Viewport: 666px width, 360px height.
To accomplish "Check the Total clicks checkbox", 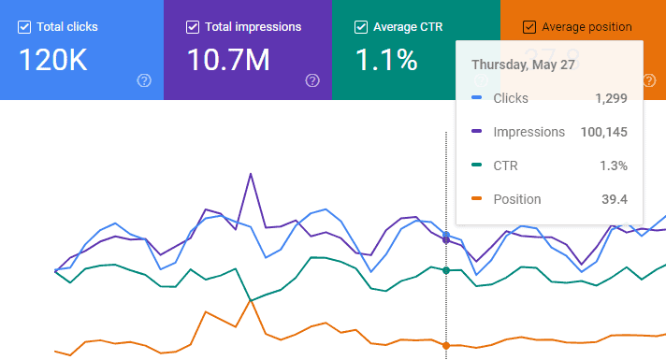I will coord(24,27).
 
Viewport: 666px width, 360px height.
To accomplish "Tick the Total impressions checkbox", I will coord(193,27).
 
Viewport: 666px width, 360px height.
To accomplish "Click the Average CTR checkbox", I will coord(361,27).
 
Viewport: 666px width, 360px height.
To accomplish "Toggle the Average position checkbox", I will coord(529,27).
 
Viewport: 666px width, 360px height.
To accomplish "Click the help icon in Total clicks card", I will coord(144,80).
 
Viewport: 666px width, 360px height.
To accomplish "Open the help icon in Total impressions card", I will coord(312,80).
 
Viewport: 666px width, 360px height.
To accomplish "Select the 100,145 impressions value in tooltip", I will coord(603,132).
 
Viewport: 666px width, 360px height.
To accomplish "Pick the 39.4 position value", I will coord(614,199).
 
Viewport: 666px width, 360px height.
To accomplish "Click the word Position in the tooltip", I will coord(517,199).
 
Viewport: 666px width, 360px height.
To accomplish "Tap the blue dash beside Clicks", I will coord(477,98).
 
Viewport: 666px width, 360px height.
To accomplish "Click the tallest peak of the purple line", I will coord(251,174).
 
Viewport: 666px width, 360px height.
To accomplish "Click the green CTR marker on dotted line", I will coord(446,270).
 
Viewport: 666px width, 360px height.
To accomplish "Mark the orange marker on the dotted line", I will coord(446,346).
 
